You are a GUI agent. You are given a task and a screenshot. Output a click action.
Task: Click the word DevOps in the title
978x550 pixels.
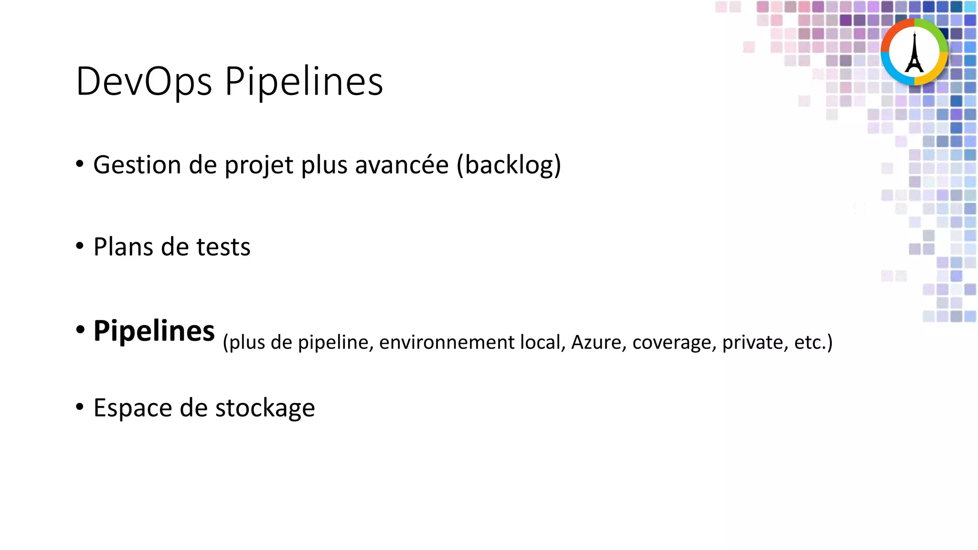[144, 81]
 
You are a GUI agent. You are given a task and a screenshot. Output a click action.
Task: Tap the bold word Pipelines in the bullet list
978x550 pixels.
[154, 331]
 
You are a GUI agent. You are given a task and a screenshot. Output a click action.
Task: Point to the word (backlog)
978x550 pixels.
[509, 165]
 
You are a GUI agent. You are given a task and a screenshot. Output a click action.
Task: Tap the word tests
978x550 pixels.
[223, 247]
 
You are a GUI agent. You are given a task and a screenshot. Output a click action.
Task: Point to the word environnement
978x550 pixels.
[446, 343]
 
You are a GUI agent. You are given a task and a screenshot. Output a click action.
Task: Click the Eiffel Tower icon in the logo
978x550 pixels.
[914, 53]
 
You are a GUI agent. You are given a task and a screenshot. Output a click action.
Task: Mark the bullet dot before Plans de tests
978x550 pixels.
[80, 246]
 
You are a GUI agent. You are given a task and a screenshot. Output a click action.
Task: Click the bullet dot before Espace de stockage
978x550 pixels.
[80, 407]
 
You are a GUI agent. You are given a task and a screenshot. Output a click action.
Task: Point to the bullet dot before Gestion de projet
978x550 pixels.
[80, 164]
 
